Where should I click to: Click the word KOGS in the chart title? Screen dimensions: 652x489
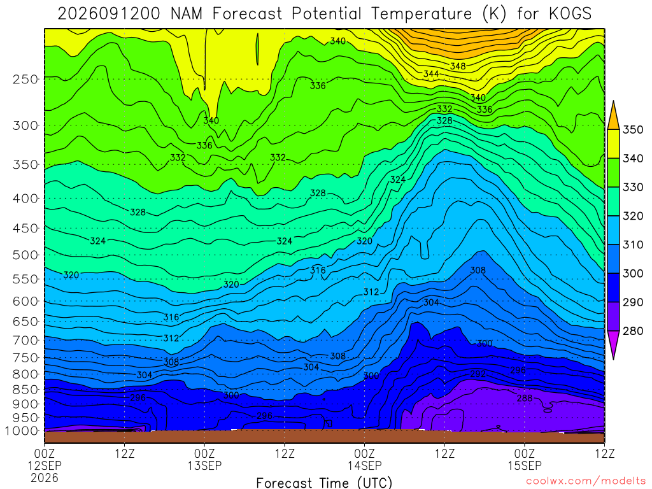(570, 14)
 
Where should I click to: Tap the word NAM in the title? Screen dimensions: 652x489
(187, 14)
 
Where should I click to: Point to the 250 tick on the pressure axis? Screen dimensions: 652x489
(25, 79)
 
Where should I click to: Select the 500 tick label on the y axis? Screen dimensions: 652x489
(25, 255)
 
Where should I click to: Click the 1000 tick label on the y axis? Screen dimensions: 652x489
(22, 431)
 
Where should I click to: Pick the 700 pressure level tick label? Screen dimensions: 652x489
(25, 341)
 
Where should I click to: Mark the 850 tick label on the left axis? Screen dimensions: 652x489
(25, 390)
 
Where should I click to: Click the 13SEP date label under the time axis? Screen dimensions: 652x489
(204, 465)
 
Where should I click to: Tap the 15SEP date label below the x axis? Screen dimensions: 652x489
(525, 465)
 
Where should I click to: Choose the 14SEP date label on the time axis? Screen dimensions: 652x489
(365, 465)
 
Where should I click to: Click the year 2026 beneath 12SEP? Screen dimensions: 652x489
(45, 478)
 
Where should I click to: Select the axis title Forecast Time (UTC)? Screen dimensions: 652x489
(324, 483)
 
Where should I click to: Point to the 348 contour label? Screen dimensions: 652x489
(458, 66)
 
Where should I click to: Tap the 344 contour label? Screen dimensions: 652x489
(431, 74)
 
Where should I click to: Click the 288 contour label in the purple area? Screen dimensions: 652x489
(525, 399)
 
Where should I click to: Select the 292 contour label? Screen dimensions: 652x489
(478, 374)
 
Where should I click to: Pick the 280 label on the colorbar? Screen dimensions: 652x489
(633, 331)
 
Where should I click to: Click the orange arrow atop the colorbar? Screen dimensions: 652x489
(613, 115)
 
